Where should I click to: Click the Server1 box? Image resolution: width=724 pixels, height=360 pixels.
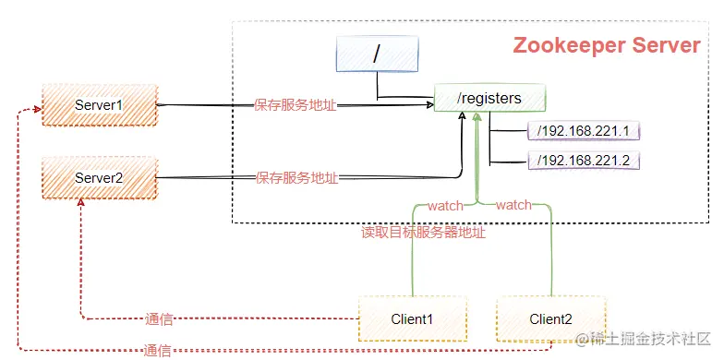coord(99,105)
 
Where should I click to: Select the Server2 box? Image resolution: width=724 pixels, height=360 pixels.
coord(99,177)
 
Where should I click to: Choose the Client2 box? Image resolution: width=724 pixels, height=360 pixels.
coord(550,318)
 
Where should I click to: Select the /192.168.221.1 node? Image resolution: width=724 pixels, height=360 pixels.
coord(583,131)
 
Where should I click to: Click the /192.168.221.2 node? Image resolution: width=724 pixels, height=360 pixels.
coord(583,161)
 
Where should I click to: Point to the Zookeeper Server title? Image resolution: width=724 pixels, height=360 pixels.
coord(606,46)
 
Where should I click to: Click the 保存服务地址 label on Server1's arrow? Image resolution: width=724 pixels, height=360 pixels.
coord(296,105)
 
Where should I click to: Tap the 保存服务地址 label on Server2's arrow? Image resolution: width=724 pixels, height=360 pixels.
coord(296,177)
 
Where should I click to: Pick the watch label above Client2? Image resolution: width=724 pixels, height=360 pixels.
coord(513,205)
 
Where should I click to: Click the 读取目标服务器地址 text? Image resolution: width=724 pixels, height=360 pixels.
coord(423,233)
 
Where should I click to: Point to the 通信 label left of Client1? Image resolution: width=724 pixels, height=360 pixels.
coord(160,319)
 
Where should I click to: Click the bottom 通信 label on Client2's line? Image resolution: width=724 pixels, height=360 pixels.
coord(158,351)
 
